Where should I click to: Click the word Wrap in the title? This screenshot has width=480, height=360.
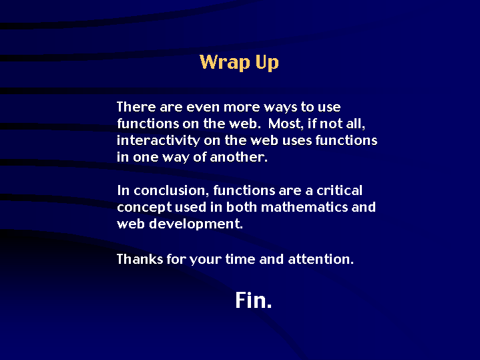(x=225, y=62)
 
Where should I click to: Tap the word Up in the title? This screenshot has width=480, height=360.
(x=267, y=63)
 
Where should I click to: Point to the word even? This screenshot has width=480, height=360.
(x=203, y=108)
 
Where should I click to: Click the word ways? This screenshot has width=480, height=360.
(x=280, y=108)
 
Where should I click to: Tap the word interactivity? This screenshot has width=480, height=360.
(x=158, y=140)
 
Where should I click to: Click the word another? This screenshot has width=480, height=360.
(x=239, y=157)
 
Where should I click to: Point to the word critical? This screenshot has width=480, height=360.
(x=340, y=190)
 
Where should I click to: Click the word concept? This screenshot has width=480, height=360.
(x=144, y=208)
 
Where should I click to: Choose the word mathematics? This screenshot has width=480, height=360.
(x=304, y=207)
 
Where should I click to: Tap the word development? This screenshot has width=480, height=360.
(x=196, y=224)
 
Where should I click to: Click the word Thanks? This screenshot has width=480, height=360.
(x=140, y=259)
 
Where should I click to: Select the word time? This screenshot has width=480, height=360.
(x=240, y=259)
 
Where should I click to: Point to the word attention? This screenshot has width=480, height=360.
(x=321, y=260)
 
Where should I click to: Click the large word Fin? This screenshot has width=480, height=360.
(x=254, y=300)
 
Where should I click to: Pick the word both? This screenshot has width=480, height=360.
(x=242, y=207)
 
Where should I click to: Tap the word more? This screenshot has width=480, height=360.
(x=242, y=108)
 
